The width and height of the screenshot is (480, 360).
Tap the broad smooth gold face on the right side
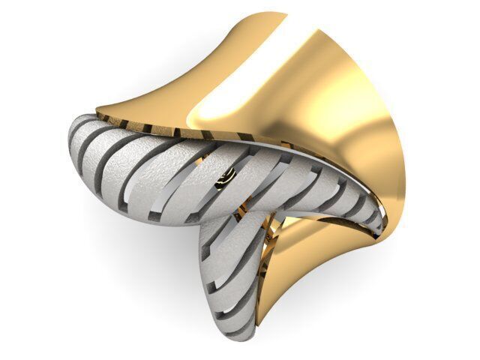click(x=352, y=127)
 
